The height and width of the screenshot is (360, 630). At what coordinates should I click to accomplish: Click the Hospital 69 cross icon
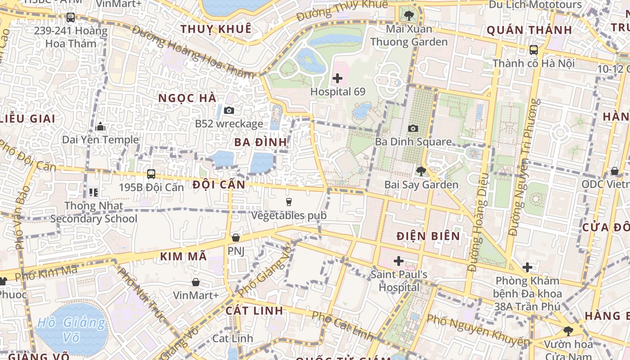click(337, 78)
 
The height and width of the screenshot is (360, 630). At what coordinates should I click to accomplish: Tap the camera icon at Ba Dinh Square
click(413, 128)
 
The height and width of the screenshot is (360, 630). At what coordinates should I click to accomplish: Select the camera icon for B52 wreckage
click(229, 110)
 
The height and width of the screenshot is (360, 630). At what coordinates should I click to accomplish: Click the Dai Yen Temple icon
click(101, 126)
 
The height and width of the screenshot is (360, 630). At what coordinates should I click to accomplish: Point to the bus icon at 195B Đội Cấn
click(151, 174)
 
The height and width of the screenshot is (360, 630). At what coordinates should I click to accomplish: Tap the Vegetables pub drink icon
click(289, 202)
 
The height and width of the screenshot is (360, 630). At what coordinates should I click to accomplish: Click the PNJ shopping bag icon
click(235, 237)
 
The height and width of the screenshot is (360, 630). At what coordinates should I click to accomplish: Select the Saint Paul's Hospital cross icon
click(398, 261)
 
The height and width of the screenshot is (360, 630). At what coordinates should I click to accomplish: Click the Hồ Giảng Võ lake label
click(71, 329)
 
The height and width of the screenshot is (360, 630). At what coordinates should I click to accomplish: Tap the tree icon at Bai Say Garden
click(421, 171)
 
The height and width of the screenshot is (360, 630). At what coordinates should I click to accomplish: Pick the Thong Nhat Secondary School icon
click(94, 193)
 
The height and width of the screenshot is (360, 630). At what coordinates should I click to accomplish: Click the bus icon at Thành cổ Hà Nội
click(534, 49)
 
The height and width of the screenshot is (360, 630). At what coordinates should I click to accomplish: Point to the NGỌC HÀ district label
click(187, 98)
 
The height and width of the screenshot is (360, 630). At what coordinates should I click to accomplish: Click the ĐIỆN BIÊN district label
click(428, 236)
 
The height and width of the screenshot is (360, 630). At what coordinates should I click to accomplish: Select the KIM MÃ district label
click(184, 256)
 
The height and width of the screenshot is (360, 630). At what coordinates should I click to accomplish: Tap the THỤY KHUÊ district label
click(216, 29)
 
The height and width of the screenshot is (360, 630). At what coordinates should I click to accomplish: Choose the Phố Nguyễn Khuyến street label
click(478, 331)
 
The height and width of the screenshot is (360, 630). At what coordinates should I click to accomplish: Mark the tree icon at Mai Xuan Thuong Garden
click(409, 16)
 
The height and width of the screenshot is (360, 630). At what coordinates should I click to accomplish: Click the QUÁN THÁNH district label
click(529, 30)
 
